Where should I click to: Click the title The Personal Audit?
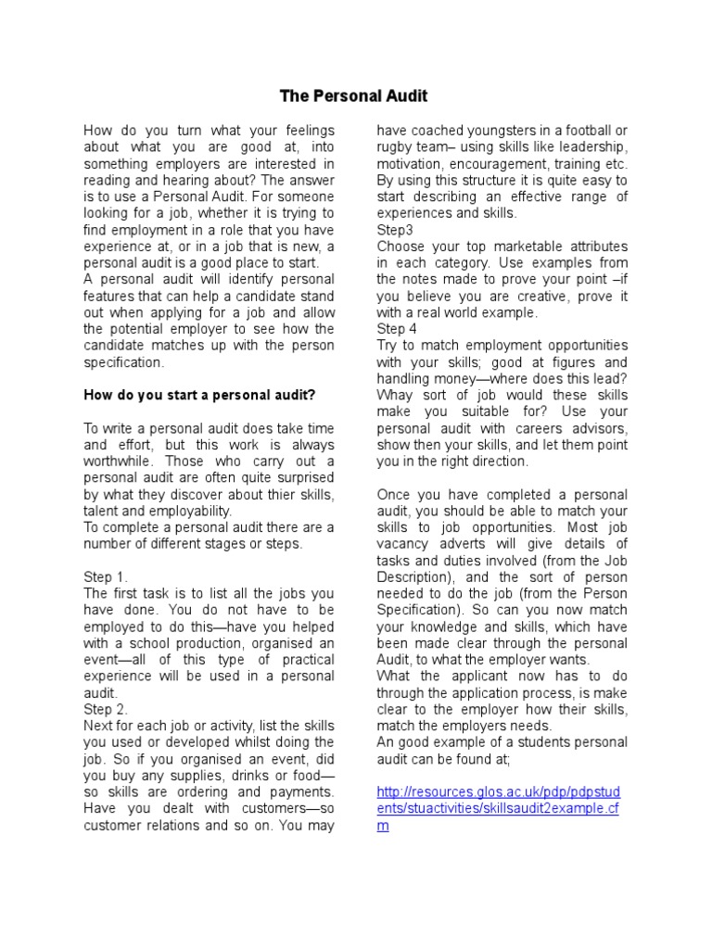click(x=354, y=95)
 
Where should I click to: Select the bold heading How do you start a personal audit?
click(x=199, y=395)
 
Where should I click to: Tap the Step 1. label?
click(x=107, y=576)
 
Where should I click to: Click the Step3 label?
click(x=397, y=229)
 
